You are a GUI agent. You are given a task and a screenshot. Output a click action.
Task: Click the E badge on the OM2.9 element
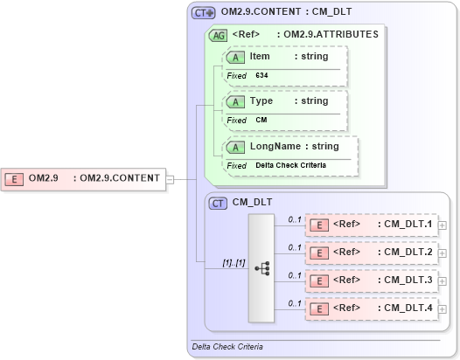coord(15,178)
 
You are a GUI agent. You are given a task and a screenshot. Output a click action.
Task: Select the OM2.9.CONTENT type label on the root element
coord(120,178)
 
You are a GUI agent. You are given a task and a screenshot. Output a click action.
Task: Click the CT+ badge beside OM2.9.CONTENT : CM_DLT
coord(203,14)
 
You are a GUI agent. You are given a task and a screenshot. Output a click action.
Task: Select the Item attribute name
coord(260,56)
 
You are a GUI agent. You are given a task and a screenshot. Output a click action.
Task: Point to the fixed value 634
coord(261,76)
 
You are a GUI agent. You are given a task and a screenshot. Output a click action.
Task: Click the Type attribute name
coord(261,100)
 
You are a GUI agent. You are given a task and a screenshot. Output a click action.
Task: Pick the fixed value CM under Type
coord(261,120)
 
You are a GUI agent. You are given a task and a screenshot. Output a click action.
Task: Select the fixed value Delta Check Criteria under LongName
coord(290,165)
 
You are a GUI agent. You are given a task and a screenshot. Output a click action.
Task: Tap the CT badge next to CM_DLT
coord(219,203)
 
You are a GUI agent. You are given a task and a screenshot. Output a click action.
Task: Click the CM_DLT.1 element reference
coord(405,225)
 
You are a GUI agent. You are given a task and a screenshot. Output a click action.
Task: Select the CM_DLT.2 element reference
coord(405,252)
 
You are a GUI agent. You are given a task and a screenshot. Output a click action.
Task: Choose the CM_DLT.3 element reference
coord(405,280)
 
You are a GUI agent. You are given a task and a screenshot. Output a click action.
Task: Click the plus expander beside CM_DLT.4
coord(441,308)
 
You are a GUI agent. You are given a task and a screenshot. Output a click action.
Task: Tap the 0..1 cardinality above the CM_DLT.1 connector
coord(295,219)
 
